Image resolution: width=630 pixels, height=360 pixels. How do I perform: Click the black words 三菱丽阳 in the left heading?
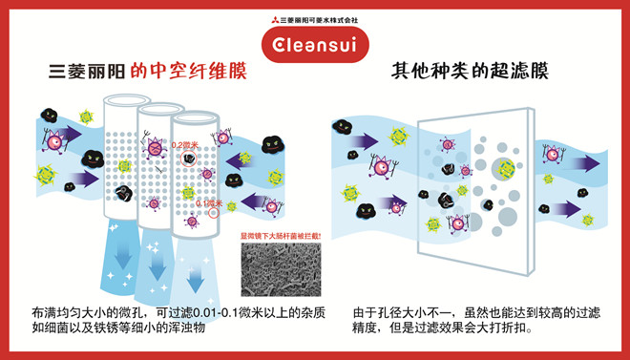click(x=92, y=72)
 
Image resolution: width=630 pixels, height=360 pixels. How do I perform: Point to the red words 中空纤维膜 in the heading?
click(x=195, y=72)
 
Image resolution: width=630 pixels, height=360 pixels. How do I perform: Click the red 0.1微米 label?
click(x=209, y=202)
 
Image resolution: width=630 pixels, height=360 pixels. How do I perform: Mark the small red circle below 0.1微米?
click(x=213, y=214)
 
